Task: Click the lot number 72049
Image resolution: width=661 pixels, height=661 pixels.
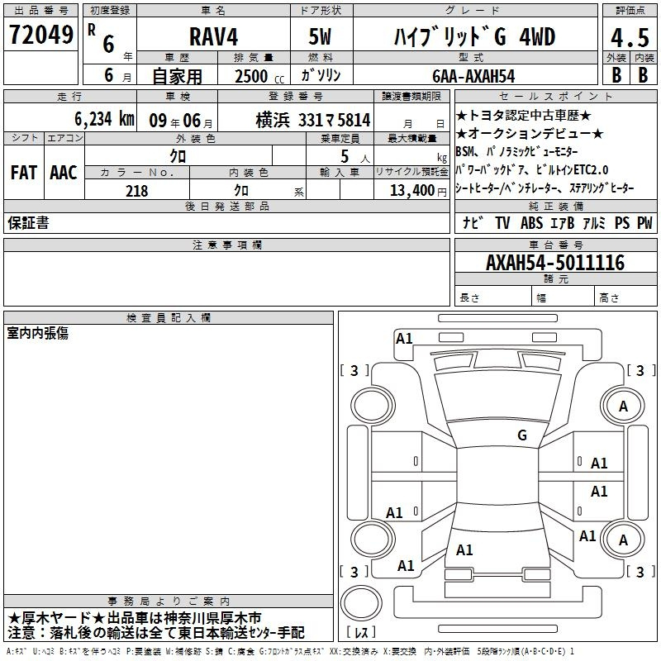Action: (40, 35)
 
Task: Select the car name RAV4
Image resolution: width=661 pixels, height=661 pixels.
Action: (213, 36)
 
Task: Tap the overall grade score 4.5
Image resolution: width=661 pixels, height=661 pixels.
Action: (630, 38)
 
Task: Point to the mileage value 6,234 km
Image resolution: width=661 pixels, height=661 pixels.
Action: (104, 119)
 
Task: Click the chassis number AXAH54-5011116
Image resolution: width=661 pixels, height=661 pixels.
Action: (555, 263)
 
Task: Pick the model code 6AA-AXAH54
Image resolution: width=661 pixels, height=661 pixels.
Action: (473, 76)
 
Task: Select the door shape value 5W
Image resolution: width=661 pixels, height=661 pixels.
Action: (320, 36)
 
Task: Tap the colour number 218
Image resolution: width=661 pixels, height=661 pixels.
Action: (136, 191)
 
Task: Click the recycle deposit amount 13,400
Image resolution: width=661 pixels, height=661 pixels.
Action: (412, 191)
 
